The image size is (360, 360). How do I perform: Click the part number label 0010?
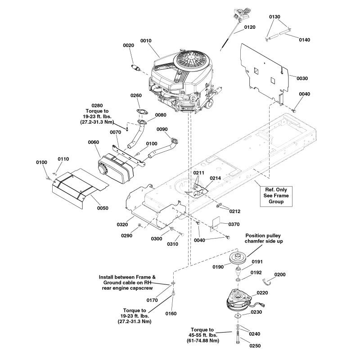pos(146,40)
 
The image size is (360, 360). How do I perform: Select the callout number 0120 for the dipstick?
pos(249,27)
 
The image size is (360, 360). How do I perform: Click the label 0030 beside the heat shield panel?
pos(302,78)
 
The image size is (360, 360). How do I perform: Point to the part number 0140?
pos(304,40)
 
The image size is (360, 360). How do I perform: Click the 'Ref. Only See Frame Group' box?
pos(275,196)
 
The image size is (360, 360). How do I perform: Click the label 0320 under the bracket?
pos(122,224)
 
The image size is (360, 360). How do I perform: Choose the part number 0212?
pos(234,211)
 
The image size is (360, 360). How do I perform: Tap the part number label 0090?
pos(162,129)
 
